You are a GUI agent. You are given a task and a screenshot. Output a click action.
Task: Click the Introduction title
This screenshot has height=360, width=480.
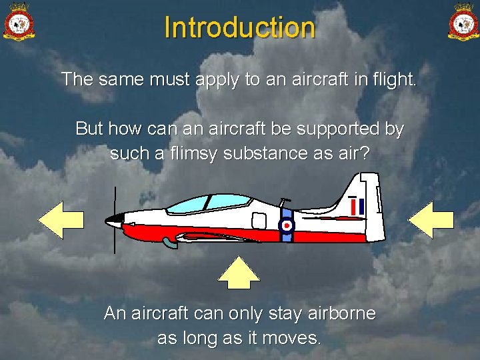239,27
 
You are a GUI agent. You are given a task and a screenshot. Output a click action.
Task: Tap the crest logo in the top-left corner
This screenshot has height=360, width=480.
19,22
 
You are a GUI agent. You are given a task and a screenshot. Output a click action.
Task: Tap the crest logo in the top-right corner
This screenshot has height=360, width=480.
462,22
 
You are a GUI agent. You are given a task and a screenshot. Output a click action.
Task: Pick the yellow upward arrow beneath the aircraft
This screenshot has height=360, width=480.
239,272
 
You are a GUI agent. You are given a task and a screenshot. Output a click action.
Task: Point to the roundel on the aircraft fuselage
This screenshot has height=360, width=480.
286,225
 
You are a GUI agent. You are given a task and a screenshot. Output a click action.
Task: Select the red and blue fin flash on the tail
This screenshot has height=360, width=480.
357,207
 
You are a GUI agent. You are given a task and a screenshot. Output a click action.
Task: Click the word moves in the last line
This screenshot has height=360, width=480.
290,338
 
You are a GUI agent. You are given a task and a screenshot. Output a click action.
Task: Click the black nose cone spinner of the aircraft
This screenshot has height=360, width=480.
114,220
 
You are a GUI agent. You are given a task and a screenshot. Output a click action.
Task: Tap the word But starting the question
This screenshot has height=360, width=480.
89,128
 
